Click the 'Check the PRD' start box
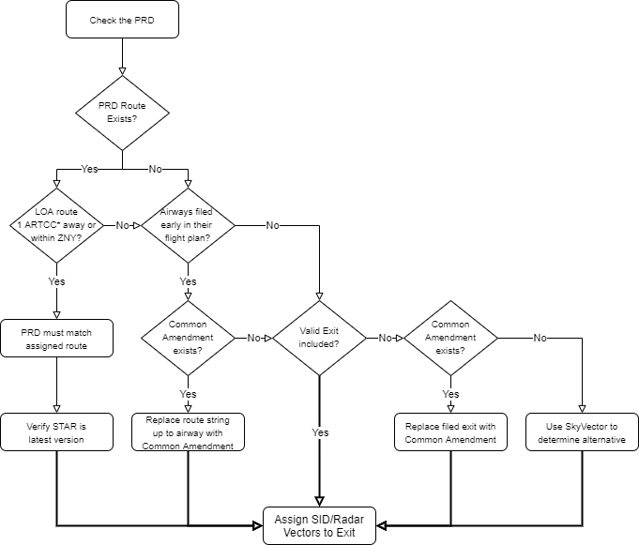[x=122, y=20]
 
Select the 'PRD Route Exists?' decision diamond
[x=122, y=113]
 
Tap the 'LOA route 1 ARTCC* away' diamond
[x=57, y=225]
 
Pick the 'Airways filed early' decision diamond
[x=188, y=225]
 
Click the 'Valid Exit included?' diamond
[x=319, y=338]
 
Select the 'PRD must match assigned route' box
[x=57, y=338]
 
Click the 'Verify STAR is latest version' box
[x=57, y=432]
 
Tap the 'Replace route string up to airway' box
[x=188, y=432]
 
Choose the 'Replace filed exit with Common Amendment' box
[x=450, y=432]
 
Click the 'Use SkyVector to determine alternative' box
[x=582, y=432]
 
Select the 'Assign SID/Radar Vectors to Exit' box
[x=319, y=525]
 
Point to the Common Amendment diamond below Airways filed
[x=188, y=338]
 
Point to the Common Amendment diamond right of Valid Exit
[x=450, y=338]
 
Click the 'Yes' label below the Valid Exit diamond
[x=319, y=433]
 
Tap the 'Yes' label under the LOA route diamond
[x=57, y=281]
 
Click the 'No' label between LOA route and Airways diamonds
[x=122, y=226]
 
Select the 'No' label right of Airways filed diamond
[x=272, y=226]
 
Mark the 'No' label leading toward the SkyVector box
[x=540, y=338]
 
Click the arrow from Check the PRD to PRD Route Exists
[x=122, y=56]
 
